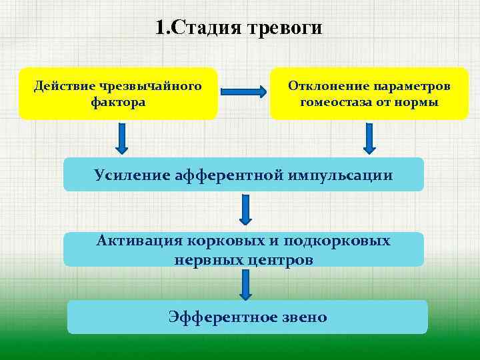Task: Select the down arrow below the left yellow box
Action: [123, 138]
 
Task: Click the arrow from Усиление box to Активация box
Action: [245, 209]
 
